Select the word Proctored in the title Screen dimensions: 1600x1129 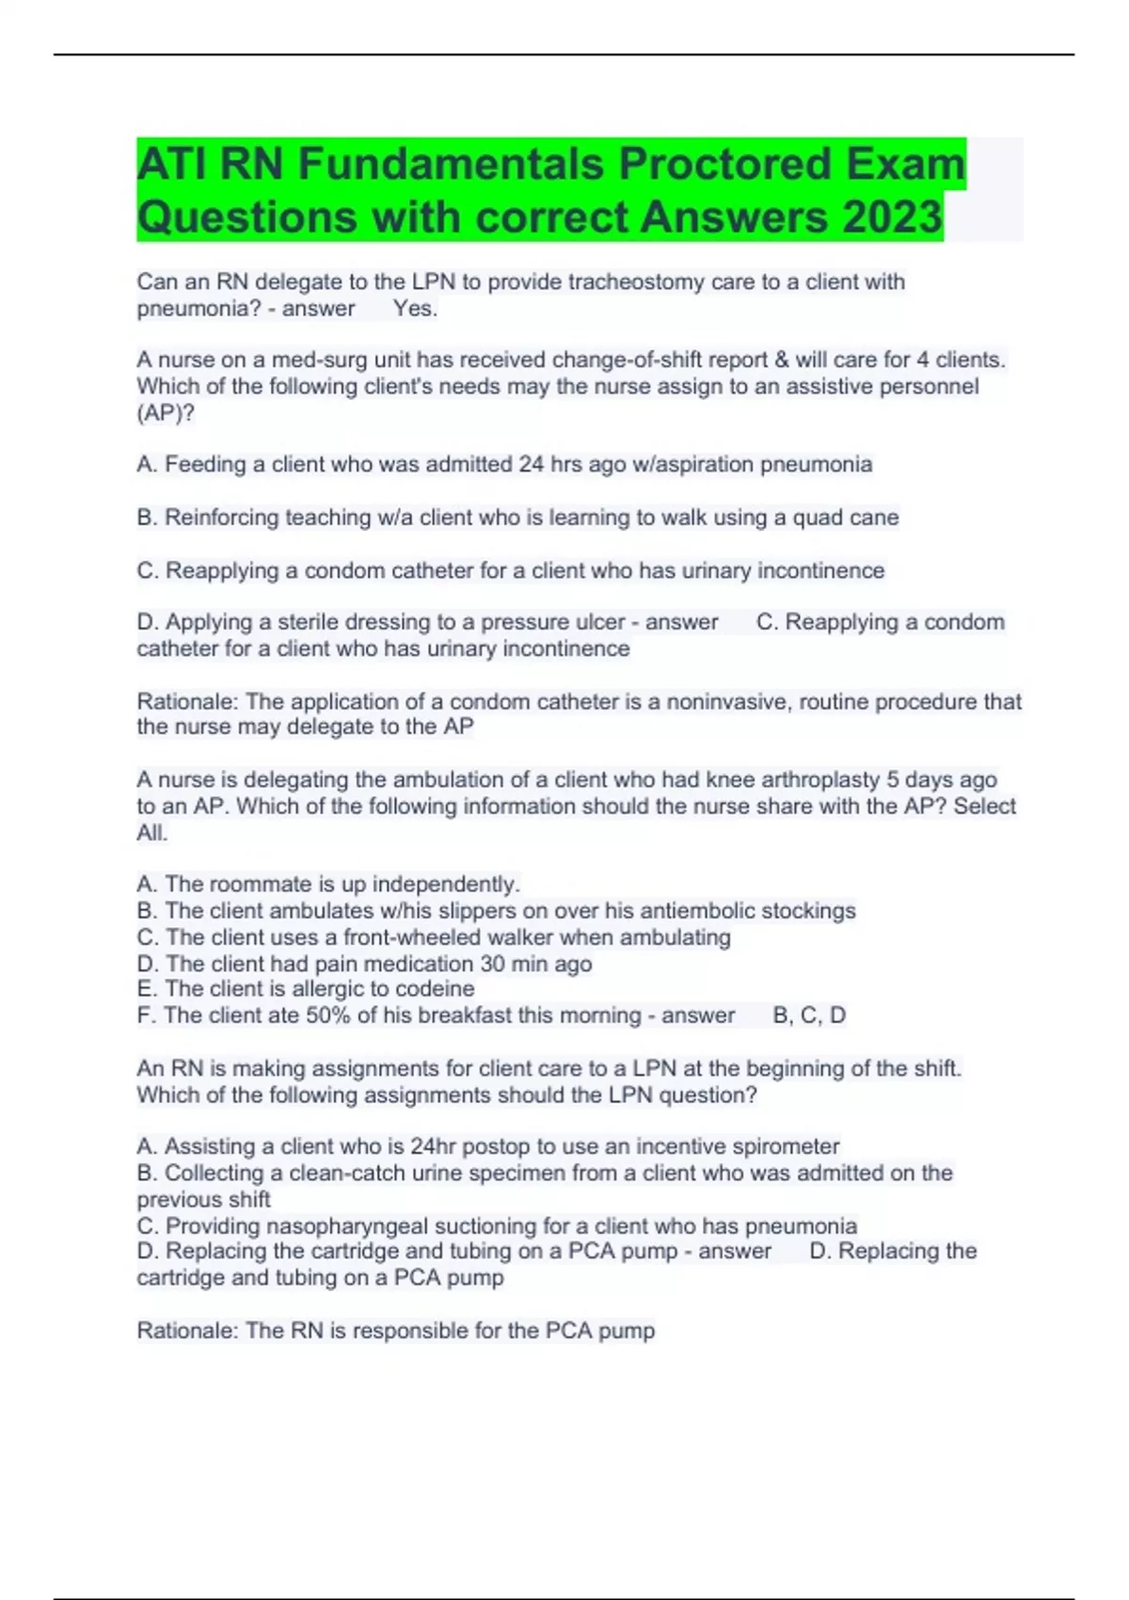724,164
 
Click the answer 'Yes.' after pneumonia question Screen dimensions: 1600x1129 415,309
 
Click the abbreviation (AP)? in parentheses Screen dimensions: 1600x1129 166,413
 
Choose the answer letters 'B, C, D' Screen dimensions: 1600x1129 809,1016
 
